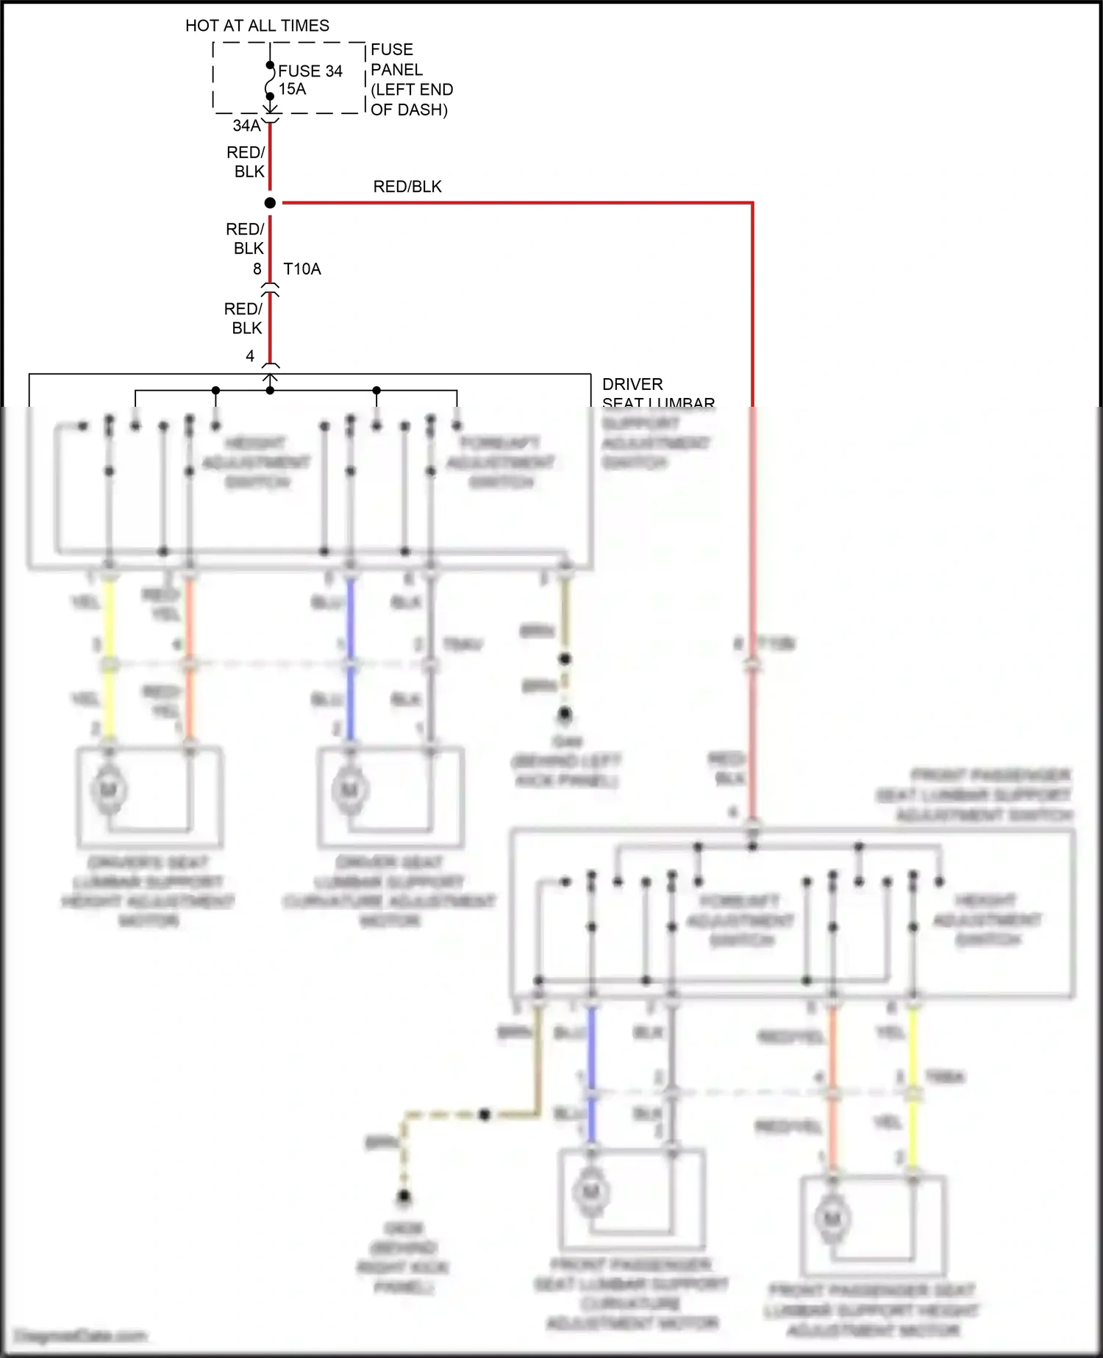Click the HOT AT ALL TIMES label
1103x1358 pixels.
pos(257,26)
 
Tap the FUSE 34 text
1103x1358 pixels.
pos(310,71)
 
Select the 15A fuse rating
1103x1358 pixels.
pos(292,89)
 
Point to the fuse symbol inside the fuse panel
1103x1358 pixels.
pos(270,81)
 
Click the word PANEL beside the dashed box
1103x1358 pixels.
pos(396,70)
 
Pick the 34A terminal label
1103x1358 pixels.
pos(246,126)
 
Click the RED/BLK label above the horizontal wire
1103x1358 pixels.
pos(407,187)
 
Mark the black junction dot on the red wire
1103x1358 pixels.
pos(270,203)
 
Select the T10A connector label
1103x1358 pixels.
pos(302,269)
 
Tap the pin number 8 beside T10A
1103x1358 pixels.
pos(257,269)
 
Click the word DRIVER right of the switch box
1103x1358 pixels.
pos(632,384)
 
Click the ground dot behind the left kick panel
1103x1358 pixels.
pos(565,714)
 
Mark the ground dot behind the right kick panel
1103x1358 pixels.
pos(404,1198)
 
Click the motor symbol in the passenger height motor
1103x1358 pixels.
pos(832,1219)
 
